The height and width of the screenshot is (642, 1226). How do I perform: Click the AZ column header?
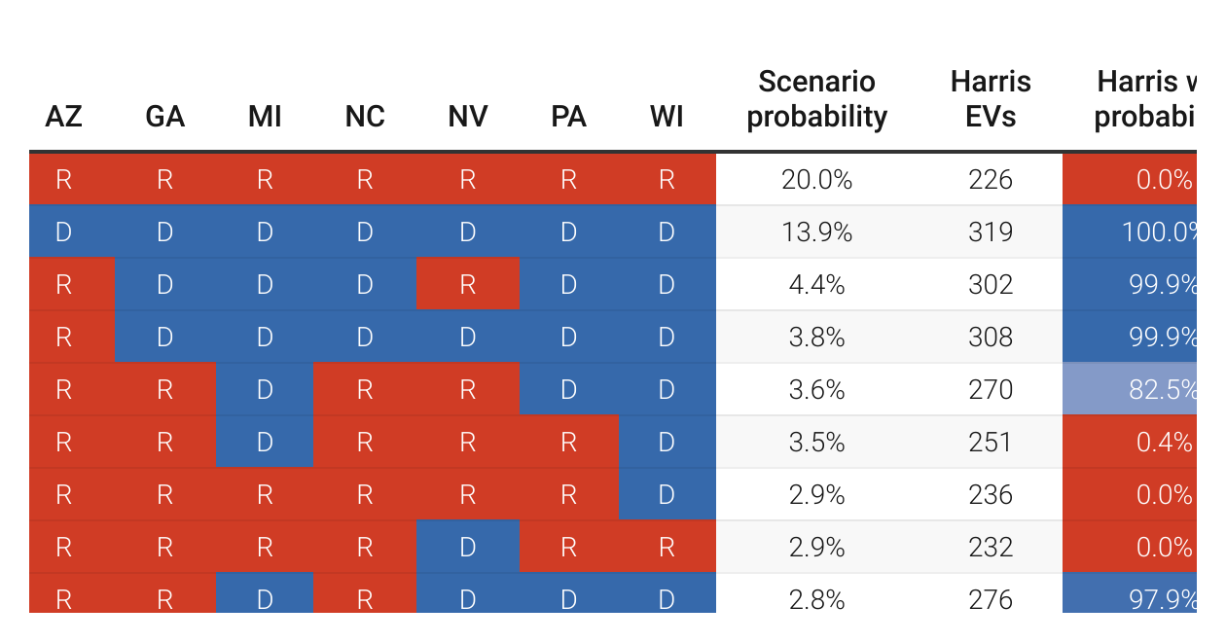pos(63,117)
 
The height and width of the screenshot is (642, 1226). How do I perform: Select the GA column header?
pos(164,117)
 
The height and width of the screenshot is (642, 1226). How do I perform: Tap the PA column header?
pos(568,117)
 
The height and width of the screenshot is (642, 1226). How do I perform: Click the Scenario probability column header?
pos(816,99)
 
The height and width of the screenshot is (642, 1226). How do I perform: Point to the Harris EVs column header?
pos(991,99)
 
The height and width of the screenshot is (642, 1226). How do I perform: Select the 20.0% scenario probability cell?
pos(816,180)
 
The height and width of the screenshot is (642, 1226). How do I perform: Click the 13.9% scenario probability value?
pos(816,232)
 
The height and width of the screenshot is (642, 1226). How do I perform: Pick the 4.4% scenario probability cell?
pos(816,285)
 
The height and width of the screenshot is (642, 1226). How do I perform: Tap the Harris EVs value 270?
pos(991,390)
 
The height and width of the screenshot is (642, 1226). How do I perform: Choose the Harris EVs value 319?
pos(991,232)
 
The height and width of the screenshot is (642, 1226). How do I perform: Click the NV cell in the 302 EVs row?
pos(467,285)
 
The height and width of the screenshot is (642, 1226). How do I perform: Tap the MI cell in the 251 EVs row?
pos(264,443)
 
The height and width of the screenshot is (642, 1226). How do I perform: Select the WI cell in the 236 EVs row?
pos(667,495)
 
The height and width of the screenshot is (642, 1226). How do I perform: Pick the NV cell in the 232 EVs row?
pos(467,548)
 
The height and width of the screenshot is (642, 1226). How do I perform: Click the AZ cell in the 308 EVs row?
pos(63,338)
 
